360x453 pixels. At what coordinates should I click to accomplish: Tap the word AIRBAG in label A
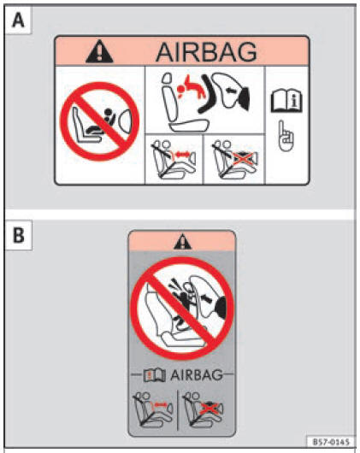coord(206,52)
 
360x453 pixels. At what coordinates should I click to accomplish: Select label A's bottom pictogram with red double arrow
coord(174,159)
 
